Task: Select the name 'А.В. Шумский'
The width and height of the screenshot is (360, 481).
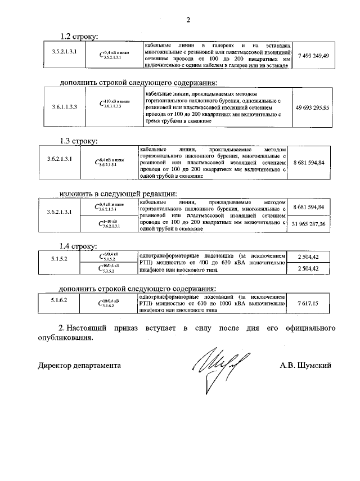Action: (x=305, y=365)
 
